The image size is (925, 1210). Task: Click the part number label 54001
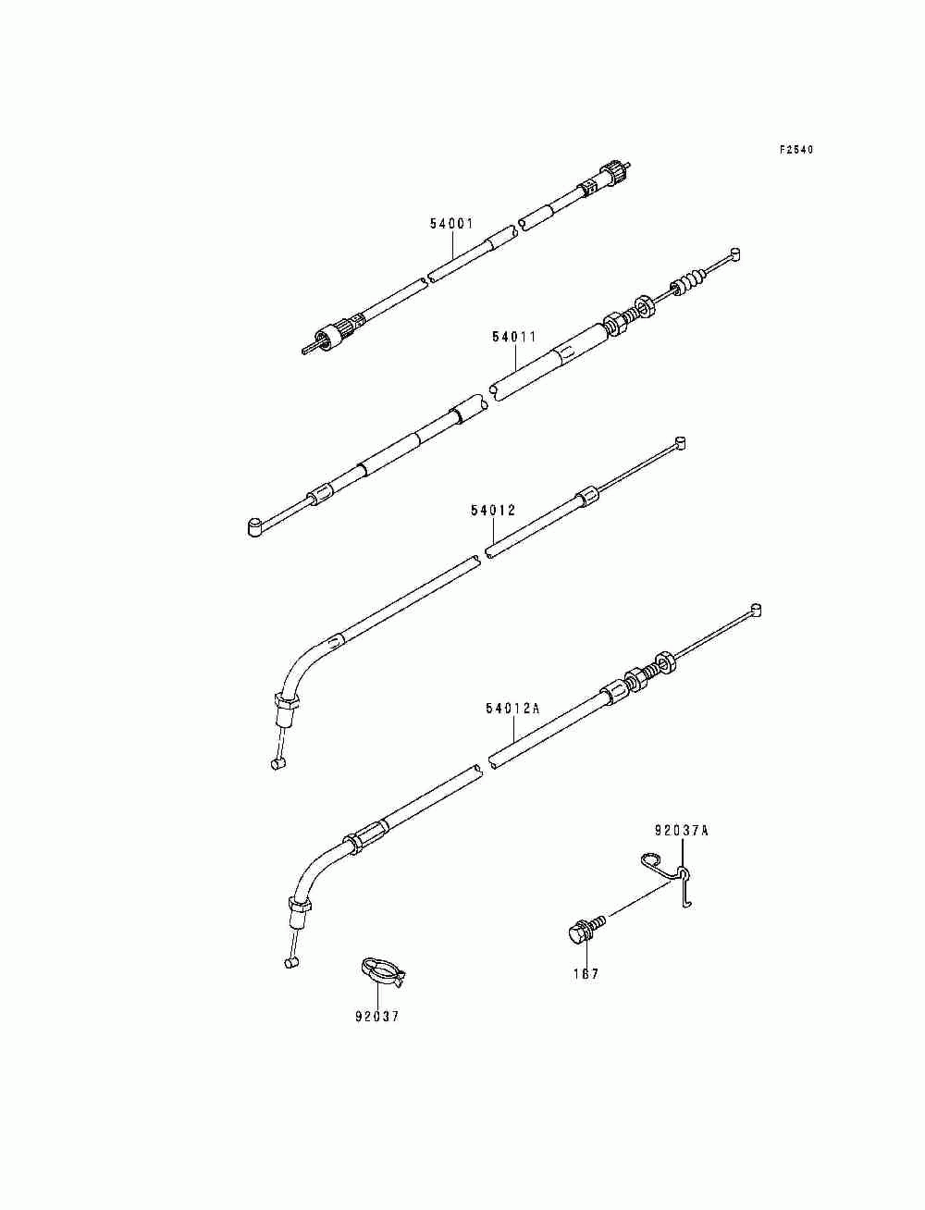pos(451,224)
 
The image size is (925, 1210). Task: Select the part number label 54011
pos(513,337)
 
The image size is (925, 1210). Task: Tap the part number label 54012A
pos(512,709)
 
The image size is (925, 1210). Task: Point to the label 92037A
pos(682,846)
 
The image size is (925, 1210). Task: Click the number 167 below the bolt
pos(586,974)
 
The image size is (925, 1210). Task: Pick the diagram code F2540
pos(796,150)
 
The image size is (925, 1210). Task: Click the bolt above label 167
pos(586,930)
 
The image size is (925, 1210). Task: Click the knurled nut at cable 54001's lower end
pos(326,338)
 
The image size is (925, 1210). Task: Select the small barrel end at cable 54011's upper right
pos(734,254)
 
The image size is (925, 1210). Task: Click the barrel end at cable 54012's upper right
pos(680,442)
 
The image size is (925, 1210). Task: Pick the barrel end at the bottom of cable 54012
pos(278,763)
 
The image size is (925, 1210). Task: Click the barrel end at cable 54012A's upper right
pos(755,609)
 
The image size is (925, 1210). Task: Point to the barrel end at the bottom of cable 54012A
pos(291,963)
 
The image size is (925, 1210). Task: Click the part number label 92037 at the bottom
pos(377,1017)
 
